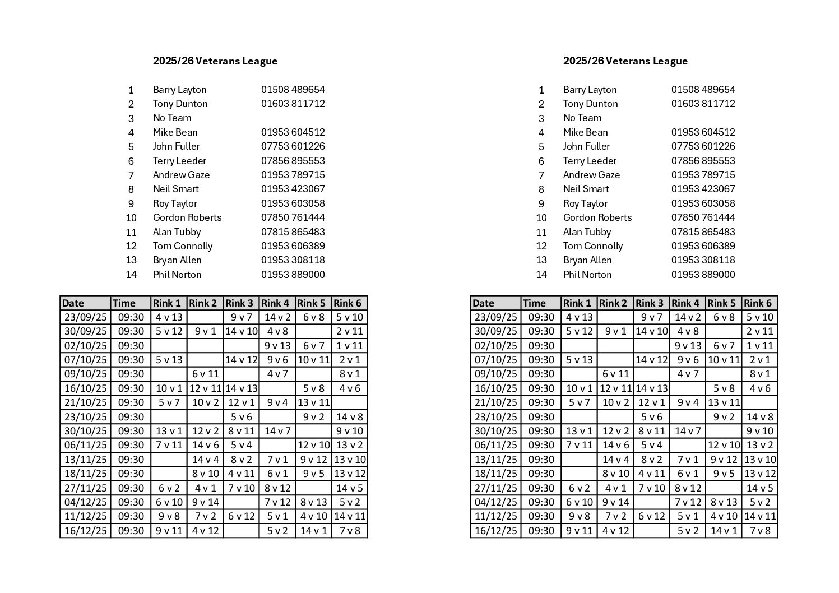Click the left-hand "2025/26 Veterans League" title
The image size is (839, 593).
[x=215, y=61]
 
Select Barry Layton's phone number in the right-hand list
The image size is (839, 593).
[x=703, y=90]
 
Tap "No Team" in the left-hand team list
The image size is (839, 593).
[x=172, y=118]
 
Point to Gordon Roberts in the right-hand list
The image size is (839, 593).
[x=597, y=217]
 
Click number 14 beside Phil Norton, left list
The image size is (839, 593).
[x=131, y=275]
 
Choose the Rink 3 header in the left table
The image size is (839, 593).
[x=239, y=303]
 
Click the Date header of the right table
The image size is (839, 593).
[x=483, y=303]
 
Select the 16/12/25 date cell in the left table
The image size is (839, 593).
[x=85, y=531]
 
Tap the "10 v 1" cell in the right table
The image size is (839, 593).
[x=579, y=388]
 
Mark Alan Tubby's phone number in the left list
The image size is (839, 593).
[x=293, y=232]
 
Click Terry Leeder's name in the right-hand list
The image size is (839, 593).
[x=590, y=161]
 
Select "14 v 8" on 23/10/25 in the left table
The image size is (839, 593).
[x=350, y=417]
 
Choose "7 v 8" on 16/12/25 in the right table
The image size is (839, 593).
[x=760, y=531]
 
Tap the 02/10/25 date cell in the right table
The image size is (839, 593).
[x=495, y=346]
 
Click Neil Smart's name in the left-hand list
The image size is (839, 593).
[x=175, y=189]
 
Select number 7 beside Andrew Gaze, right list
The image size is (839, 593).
[x=541, y=175]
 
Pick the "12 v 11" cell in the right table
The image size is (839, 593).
[x=615, y=388]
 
